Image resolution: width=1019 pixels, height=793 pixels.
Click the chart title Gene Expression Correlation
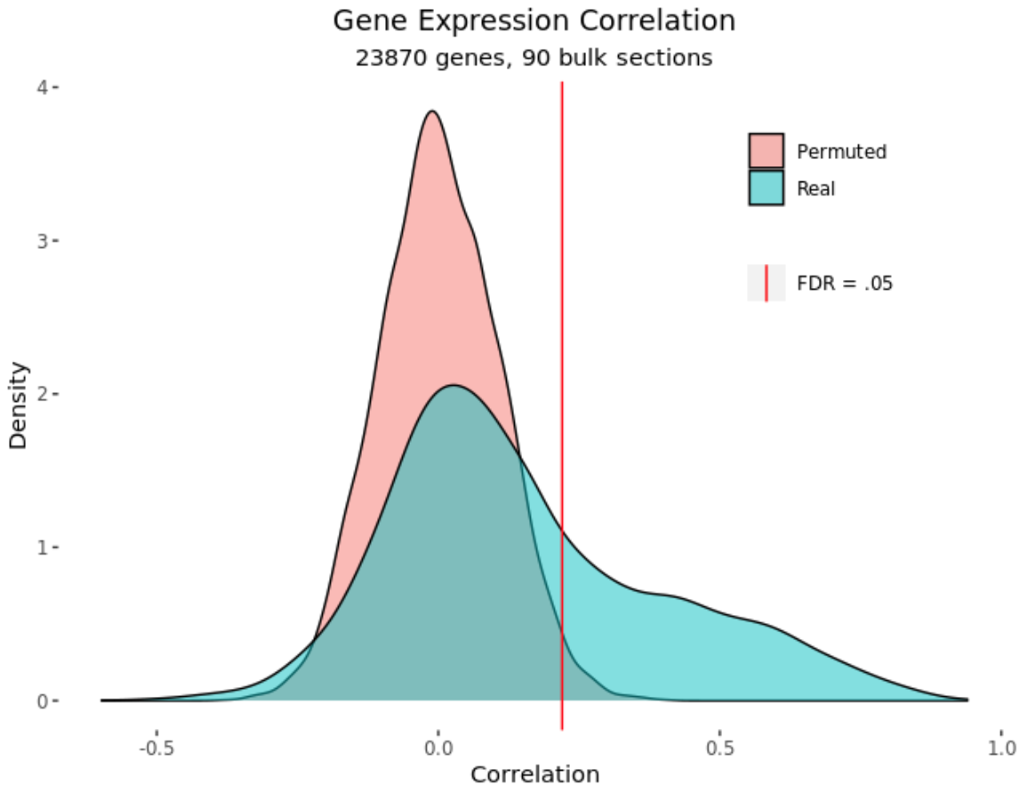[x=534, y=20]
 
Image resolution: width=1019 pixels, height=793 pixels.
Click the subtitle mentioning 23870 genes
[x=534, y=59]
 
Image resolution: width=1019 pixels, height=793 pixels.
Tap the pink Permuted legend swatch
[x=766, y=151]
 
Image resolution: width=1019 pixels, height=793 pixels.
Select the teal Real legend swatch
[x=766, y=188]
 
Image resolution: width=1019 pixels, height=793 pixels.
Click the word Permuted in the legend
[x=841, y=152]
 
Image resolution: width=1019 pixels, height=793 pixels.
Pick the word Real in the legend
[x=815, y=188]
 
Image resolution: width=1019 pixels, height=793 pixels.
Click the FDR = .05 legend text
[x=845, y=284]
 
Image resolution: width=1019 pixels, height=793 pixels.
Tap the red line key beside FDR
[x=766, y=284]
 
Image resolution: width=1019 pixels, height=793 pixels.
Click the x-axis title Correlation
[x=534, y=774]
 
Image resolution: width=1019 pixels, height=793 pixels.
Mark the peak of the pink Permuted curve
[x=432, y=111]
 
